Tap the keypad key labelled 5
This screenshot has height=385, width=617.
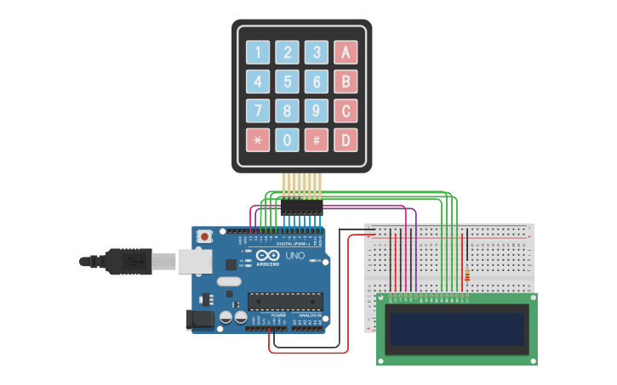288,82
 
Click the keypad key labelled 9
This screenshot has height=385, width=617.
317,110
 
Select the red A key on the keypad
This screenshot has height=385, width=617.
346,53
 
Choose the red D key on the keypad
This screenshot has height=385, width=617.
346,139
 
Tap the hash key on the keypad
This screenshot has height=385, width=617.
317,139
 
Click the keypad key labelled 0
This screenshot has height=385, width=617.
288,139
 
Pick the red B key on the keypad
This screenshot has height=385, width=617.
346,82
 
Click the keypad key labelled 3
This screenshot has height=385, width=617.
317,53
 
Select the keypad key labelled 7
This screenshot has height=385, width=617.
259,110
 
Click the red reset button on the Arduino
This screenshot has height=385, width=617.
204,236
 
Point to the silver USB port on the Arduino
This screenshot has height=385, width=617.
195,261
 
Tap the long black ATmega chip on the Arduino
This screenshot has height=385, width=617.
285,300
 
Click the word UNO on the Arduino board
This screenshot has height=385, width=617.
294,256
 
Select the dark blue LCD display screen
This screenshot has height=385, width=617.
457,329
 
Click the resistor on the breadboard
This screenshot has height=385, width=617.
466,275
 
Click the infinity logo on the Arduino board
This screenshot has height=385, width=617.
267,256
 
